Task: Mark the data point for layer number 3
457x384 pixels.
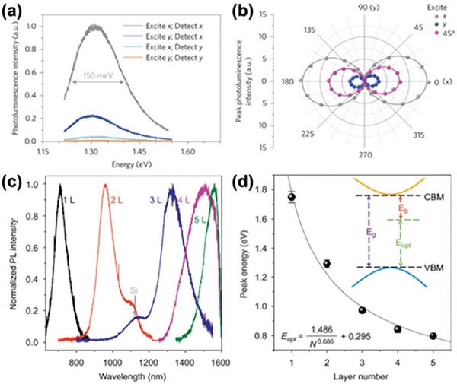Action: [362, 310]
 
